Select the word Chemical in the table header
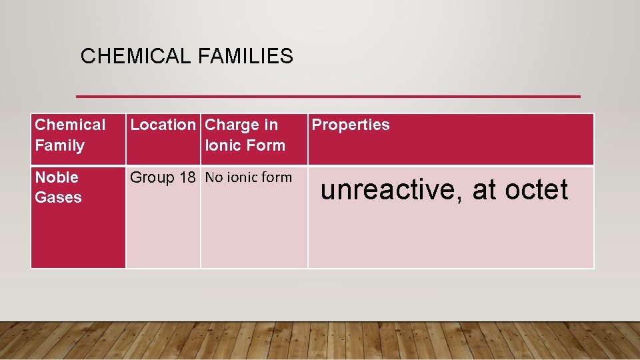point(70,125)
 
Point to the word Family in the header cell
point(60,145)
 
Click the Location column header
point(163,125)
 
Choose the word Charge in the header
point(233,125)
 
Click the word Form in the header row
point(265,145)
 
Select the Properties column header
point(351,125)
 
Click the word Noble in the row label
point(57,177)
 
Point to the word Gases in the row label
point(58,197)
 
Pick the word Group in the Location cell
point(151,177)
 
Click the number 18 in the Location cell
point(187,177)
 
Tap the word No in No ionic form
point(213,177)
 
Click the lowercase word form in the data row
point(277,177)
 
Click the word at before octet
point(485,190)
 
